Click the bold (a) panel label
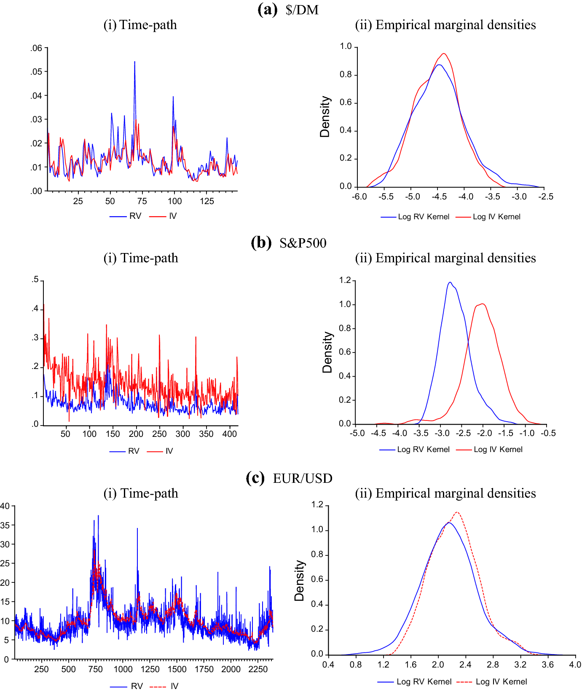(267, 9)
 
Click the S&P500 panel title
(303, 243)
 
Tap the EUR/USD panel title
(303, 478)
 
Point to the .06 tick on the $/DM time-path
(37, 48)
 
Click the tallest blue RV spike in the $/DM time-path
(134, 62)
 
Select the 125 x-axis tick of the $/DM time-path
(207, 201)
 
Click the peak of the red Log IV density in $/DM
(444, 54)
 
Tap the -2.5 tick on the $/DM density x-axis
(546, 197)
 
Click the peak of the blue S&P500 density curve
(450, 283)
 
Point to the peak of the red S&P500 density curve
(482, 304)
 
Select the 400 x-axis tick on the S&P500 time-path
(229, 434)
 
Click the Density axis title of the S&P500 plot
(327, 352)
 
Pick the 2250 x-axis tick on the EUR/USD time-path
(258, 669)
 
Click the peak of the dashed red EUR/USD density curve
(457, 512)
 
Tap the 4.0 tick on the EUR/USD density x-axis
(575, 665)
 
